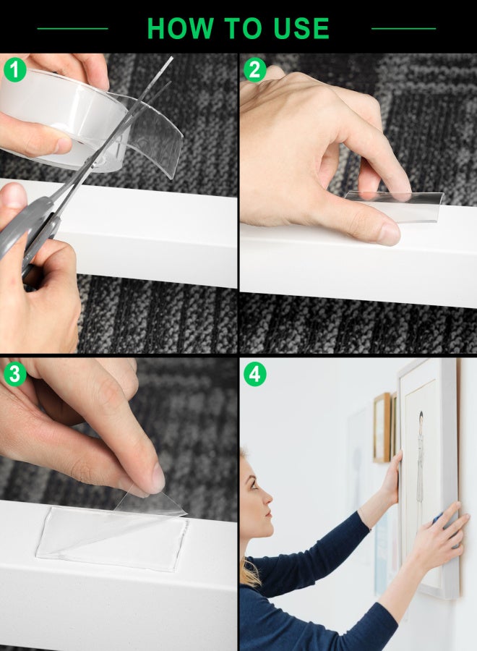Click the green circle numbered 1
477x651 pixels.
point(15,69)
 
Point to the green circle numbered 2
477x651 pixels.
point(254,69)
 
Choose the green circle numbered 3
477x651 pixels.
point(15,374)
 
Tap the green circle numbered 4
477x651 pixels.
point(254,374)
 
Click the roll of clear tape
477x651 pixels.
point(62,120)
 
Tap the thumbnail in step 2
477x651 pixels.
point(390,234)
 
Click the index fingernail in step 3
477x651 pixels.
point(158,477)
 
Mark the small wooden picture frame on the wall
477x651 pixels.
point(382,427)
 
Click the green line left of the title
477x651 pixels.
point(72,29)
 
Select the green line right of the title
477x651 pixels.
point(403,29)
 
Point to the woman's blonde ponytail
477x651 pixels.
point(249,571)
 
